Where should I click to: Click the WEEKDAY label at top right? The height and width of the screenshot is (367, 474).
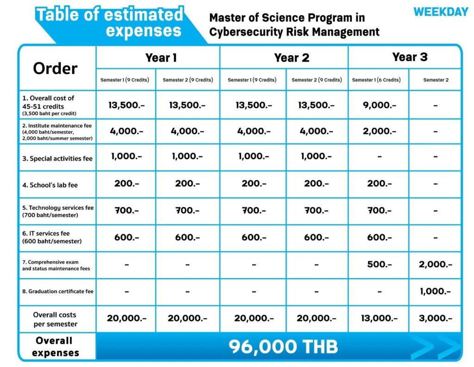coord(441,12)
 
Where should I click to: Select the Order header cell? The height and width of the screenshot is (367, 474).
coord(55,68)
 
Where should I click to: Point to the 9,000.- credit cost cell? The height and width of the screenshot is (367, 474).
coord(379,105)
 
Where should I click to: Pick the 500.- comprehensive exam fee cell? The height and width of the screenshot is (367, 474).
coord(379,264)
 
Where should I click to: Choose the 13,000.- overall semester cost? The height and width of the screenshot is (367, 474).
coord(379,318)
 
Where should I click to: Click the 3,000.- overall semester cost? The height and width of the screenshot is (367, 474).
coord(435,318)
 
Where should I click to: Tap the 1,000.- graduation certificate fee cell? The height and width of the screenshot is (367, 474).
coord(435,292)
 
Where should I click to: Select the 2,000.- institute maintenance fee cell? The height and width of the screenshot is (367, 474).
coord(379,131)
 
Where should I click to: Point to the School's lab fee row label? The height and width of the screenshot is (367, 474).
coord(50,185)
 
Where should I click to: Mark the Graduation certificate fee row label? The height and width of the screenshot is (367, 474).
coord(57,292)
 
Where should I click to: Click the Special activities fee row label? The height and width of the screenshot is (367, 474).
coord(57,158)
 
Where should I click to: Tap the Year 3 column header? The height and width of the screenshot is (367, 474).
coord(410,57)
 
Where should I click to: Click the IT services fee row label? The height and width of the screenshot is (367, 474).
coord(52,237)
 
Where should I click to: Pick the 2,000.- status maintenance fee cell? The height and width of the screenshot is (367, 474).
coord(435,264)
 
